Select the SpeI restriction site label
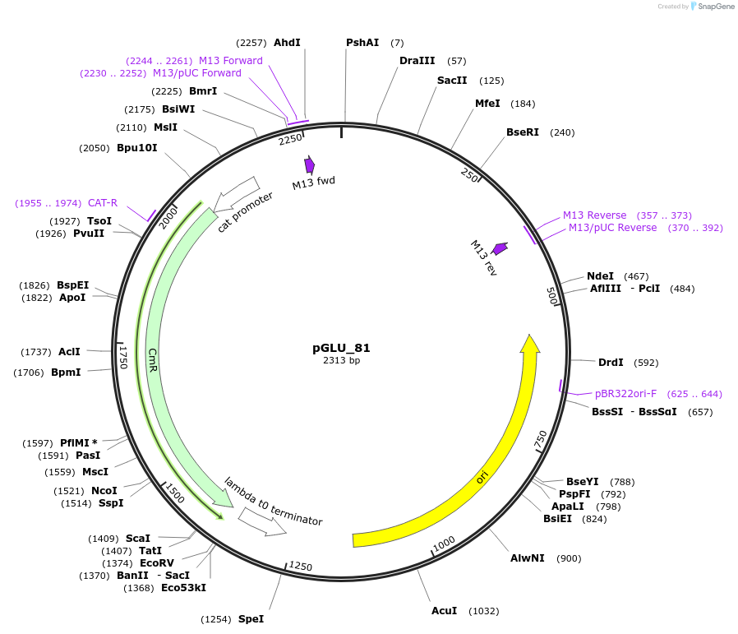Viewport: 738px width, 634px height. [x=251, y=618]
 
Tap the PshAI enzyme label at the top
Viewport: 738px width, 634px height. [x=362, y=42]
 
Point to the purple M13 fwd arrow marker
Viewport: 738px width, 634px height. [x=309, y=165]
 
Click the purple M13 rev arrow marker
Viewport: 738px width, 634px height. [x=500, y=248]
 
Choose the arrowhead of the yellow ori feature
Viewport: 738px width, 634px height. [x=530, y=344]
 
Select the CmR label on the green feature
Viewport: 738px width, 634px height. [x=153, y=359]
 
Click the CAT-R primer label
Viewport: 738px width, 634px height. [x=103, y=202]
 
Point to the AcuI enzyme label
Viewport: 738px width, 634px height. [x=444, y=610]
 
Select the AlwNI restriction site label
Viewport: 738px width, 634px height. [x=527, y=558]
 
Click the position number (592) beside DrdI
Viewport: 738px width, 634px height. [x=646, y=362]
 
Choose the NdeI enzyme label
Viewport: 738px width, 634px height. [x=600, y=275]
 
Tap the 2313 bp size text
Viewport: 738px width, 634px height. [x=341, y=360]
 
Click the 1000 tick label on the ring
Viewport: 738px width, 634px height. [x=444, y=543]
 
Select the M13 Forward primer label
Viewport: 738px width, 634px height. [x=231, y=60]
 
